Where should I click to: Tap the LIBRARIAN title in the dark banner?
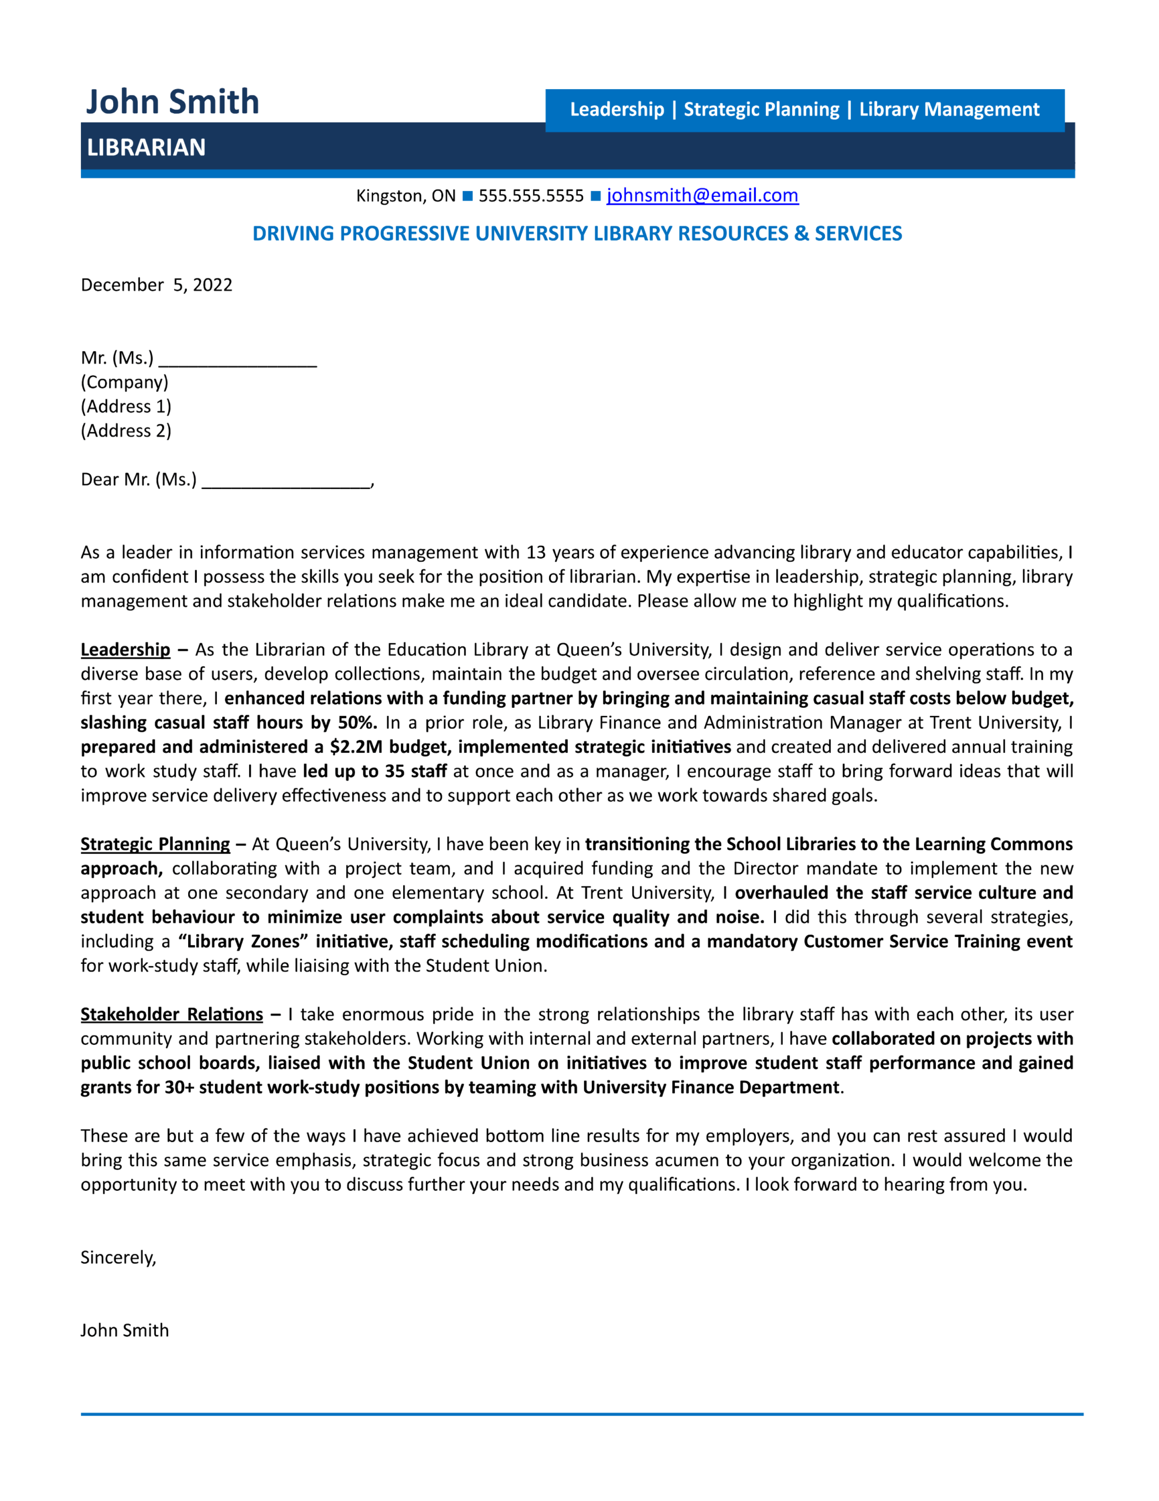click(x=146, y=147)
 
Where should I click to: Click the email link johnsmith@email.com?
click(x=701, y=195)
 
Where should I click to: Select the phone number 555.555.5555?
click(x=530, y=196)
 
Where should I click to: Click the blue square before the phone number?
click(x=467, y=196)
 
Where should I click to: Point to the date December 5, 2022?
click(x=156, y=284)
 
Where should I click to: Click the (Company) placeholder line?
click(x=124, y=382)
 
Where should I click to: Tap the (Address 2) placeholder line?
click(x=126, y=430)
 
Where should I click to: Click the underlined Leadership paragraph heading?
click(x=125, y=650)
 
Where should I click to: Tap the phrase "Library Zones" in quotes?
click(x=243, y=941)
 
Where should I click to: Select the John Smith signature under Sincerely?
click(x=124, y=1330)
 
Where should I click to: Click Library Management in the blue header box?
click(x=949, y=109)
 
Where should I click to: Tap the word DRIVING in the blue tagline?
click(x=294, y=234)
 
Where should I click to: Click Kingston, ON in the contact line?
click(x=405, y=196)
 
